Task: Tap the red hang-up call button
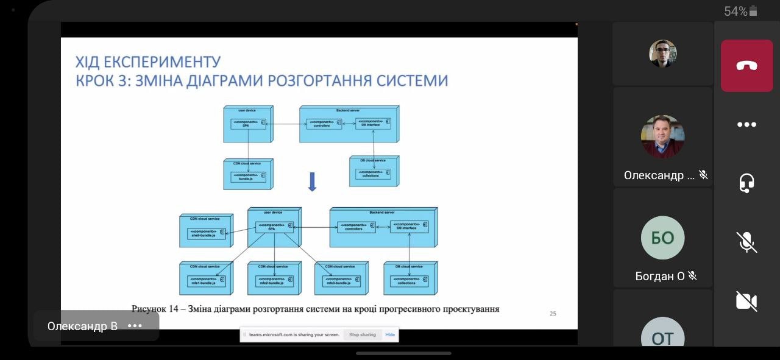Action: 746,66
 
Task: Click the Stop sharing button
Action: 362,334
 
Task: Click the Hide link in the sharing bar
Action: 390,334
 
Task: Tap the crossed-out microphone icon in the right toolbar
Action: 746,242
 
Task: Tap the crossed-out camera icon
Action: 746,301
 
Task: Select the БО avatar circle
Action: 662,238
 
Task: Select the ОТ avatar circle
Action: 662,336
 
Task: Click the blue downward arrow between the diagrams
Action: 312,182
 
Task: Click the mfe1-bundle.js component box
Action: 206,281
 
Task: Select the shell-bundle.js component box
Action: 206,233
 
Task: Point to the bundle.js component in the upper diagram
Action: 248,177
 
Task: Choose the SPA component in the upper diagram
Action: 248,123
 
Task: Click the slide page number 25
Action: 553,314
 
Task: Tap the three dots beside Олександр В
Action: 135,326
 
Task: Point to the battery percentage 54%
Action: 736,11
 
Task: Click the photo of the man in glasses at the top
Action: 662,54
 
